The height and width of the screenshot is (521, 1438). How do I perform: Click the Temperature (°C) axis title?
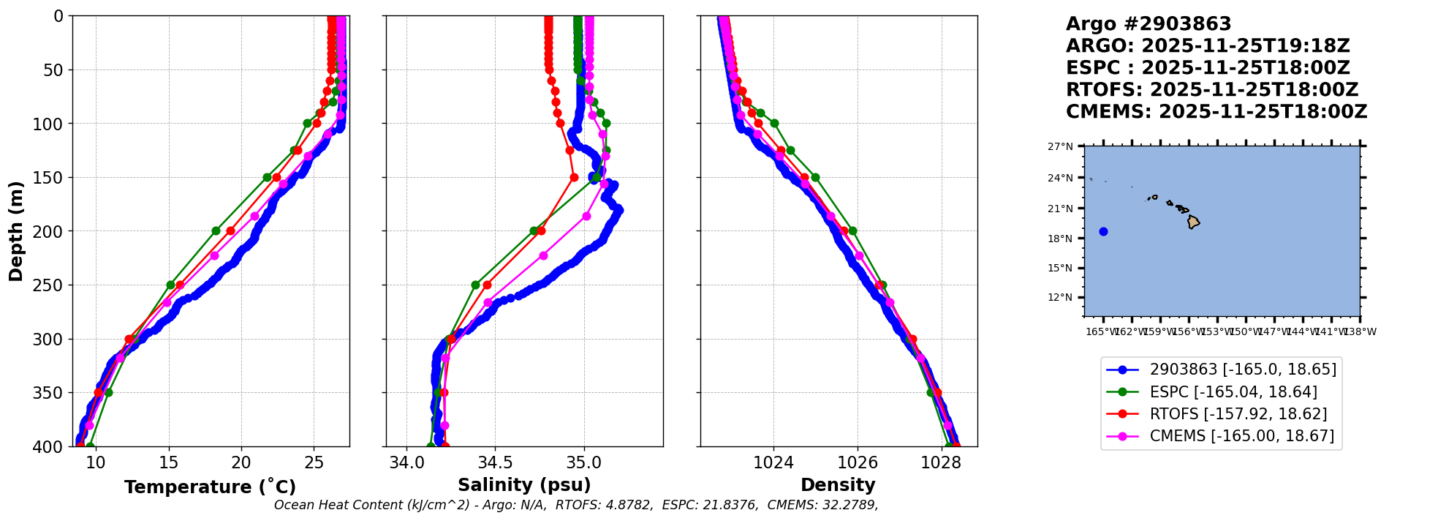click(x=210, y=487)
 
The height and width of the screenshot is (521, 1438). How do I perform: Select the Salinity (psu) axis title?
click(x=524, y=485)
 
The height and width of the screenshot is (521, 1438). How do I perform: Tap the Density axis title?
click(x=838, y=485)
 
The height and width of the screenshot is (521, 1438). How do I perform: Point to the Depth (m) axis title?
click(x=16, y=231)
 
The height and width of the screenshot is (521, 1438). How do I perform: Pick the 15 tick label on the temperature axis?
click(x=168, y=462)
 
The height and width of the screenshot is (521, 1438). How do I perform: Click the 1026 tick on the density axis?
click(x=857, y=462)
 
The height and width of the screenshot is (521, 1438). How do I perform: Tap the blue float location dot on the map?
click(x=1103, y=232)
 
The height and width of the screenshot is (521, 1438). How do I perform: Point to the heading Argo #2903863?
click(x=1148, y=24)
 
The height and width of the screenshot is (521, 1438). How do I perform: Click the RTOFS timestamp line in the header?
click(x=1211, y=90)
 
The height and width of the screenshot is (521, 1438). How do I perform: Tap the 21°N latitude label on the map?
click(x=1061, y=209)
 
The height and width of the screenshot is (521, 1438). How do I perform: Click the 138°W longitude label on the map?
click(x=1361, y=331)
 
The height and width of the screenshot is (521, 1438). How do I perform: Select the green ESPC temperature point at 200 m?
click(x=216, y=231)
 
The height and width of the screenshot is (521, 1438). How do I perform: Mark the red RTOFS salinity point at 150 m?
click(x=574, y=177)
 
